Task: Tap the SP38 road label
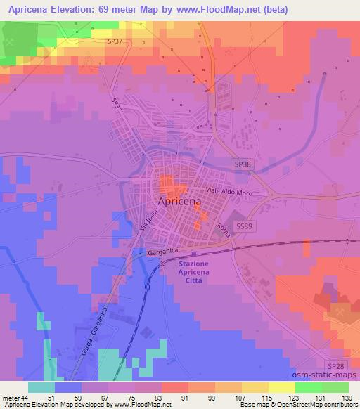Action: point(243,163)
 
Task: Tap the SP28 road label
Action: point(335,368)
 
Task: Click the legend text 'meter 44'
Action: point(15,398)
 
